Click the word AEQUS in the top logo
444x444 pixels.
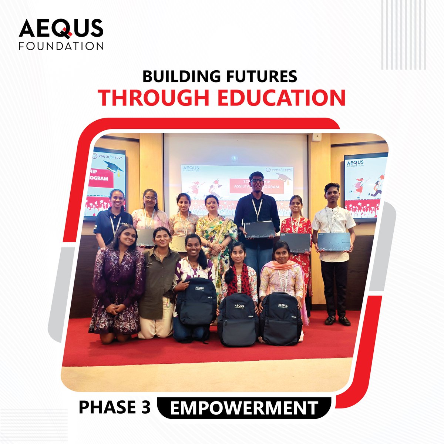click(x=61, y=28)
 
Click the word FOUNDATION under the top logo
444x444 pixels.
click(x=61, y=46)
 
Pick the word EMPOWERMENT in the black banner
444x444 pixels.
click(x=244, y=408)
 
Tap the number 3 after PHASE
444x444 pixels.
click(x=145, y=407)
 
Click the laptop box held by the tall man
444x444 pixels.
click(x=261, y=230)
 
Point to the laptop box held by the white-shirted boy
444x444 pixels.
click(x=334, y=242)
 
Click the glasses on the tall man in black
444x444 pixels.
click(x=257, y=181)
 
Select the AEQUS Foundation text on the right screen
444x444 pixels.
click(x=354, y=164)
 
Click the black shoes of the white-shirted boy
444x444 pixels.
click(x=337, y=320)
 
